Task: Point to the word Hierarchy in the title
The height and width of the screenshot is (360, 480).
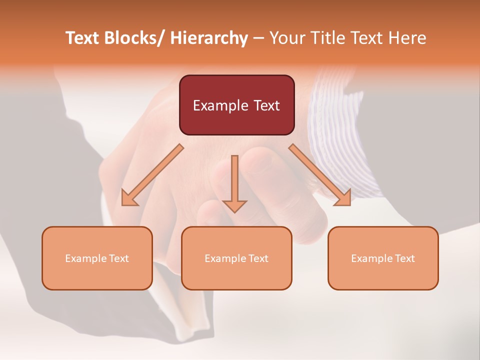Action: point(209,38)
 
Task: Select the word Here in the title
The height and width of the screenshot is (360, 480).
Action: point(407,38)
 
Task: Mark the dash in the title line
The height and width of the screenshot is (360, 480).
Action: point(258,38)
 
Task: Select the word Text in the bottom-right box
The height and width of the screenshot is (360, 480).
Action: point(405,258)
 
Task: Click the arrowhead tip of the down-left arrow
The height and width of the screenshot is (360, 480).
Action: point(123,204)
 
